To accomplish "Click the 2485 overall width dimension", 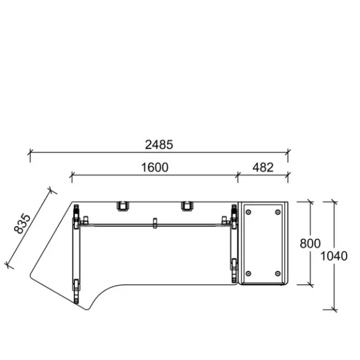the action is tap(159, 145).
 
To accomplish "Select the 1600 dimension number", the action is tap(154, 167).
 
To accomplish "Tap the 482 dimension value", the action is tap(263, 167).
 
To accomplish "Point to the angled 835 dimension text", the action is tap(22, 224).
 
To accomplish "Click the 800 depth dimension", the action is tap(310, 243).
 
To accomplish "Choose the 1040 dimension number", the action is tap(334, 256).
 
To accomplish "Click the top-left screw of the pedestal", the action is tap(248, 212).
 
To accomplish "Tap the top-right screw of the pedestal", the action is tap(278, 212).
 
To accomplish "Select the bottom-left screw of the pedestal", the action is tap(248, 273).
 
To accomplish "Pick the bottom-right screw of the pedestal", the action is tap(278, 273).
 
